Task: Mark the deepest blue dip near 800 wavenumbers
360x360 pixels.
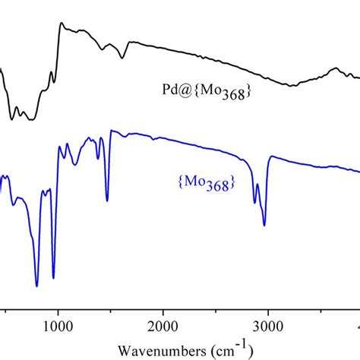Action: click(x=36, y=286)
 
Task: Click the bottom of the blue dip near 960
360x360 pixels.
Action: click(x=53, y=278)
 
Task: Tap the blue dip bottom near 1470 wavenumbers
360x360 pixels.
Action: click(x=107, y=201)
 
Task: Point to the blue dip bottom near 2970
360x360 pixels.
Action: click(x=264, y=226)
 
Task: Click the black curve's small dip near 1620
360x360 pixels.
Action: click(x=122, y=58)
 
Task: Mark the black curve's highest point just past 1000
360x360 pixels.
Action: click(x=61, y=24)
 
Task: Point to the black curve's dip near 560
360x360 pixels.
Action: click(x=11, y=118)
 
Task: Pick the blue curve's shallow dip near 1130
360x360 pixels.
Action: click(x=72, y=163)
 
